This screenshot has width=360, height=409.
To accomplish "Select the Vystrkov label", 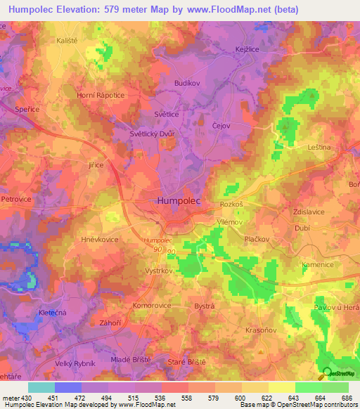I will pos(140,271).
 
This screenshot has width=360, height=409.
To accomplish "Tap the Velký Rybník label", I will pos(75,363).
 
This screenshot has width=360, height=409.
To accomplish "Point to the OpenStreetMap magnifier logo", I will pos(326,373).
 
